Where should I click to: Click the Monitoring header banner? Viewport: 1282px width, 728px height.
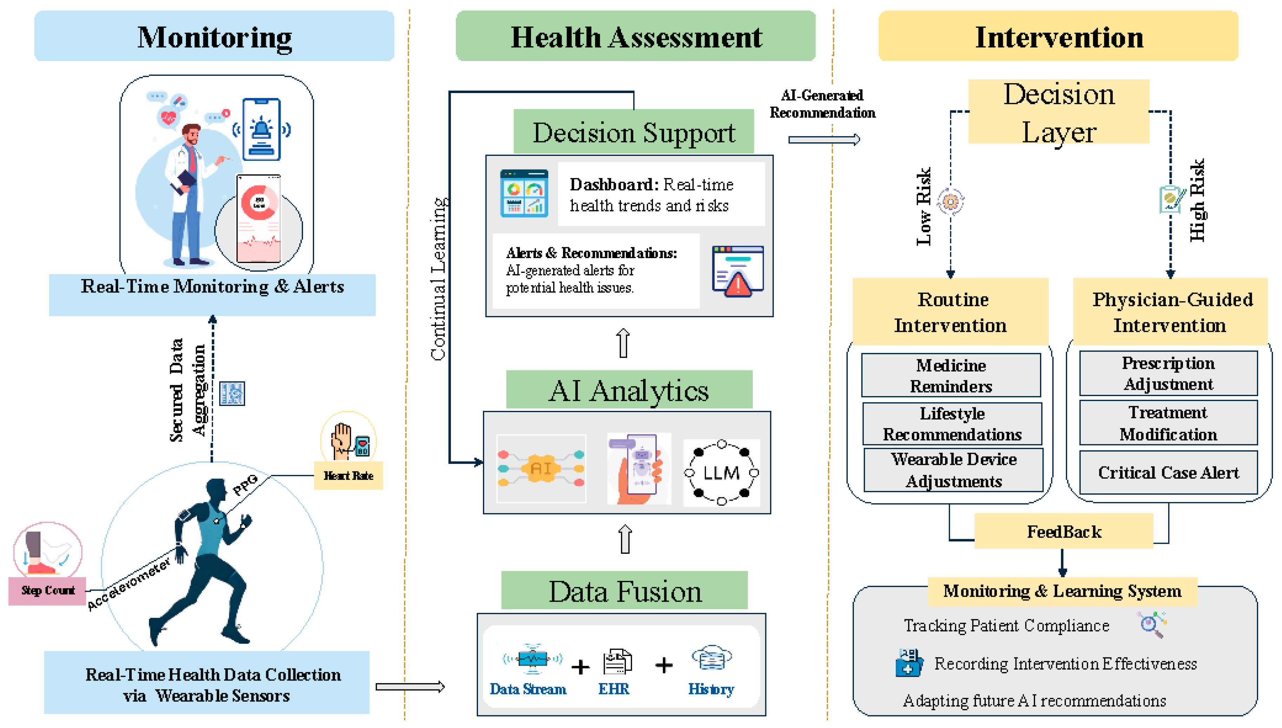[x=214, y=36]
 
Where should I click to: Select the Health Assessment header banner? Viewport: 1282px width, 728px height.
[x=635, y=36]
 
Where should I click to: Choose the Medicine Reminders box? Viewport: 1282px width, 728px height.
[x=951, y=375]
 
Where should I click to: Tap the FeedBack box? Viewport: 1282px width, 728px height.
[x=1064, y=531]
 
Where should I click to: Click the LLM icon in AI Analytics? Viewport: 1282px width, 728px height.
[x=721, y=472]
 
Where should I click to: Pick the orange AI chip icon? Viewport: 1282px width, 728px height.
[x=541, y=468]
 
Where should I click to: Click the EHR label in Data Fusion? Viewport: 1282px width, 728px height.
[x=614, y=689]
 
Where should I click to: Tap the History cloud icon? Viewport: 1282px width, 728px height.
[x=712, y=659]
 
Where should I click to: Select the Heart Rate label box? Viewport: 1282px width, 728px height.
[x=348, y=476]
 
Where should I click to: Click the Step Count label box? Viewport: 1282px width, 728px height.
[x=47, y=590]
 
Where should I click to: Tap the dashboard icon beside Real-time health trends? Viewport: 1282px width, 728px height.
[x=524, y=194]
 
